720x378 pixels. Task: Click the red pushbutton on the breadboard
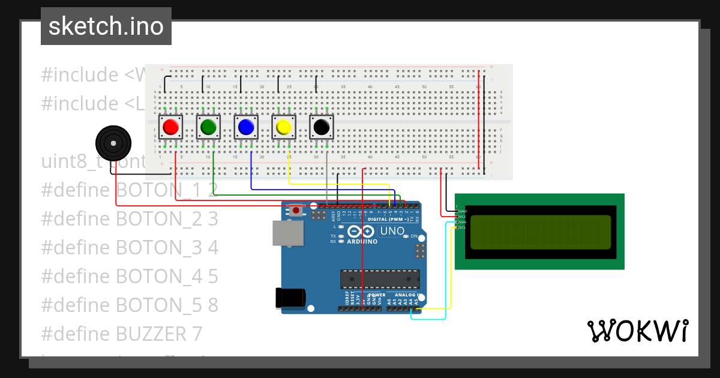[171, 127]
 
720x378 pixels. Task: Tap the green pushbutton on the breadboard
[208, 127]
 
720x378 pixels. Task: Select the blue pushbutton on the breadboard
[245, 127]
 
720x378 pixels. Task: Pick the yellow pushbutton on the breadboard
[283, 127]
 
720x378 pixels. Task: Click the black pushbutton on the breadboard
[321, 127]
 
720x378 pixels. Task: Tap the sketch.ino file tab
[106, 26]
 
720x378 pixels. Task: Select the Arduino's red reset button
[296, 210]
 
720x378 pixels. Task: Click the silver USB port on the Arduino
[287, 233]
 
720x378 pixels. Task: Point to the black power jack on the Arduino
[290, 298]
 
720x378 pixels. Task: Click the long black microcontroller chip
[380, 279]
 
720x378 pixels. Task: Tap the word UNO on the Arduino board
[393, 231]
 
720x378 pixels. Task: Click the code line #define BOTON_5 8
[130, 305]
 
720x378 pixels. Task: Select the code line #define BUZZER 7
[122, 334]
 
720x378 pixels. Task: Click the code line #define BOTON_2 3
[130, 219]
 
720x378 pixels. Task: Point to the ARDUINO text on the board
[362, 242]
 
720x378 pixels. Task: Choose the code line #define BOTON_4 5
[130, 277]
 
